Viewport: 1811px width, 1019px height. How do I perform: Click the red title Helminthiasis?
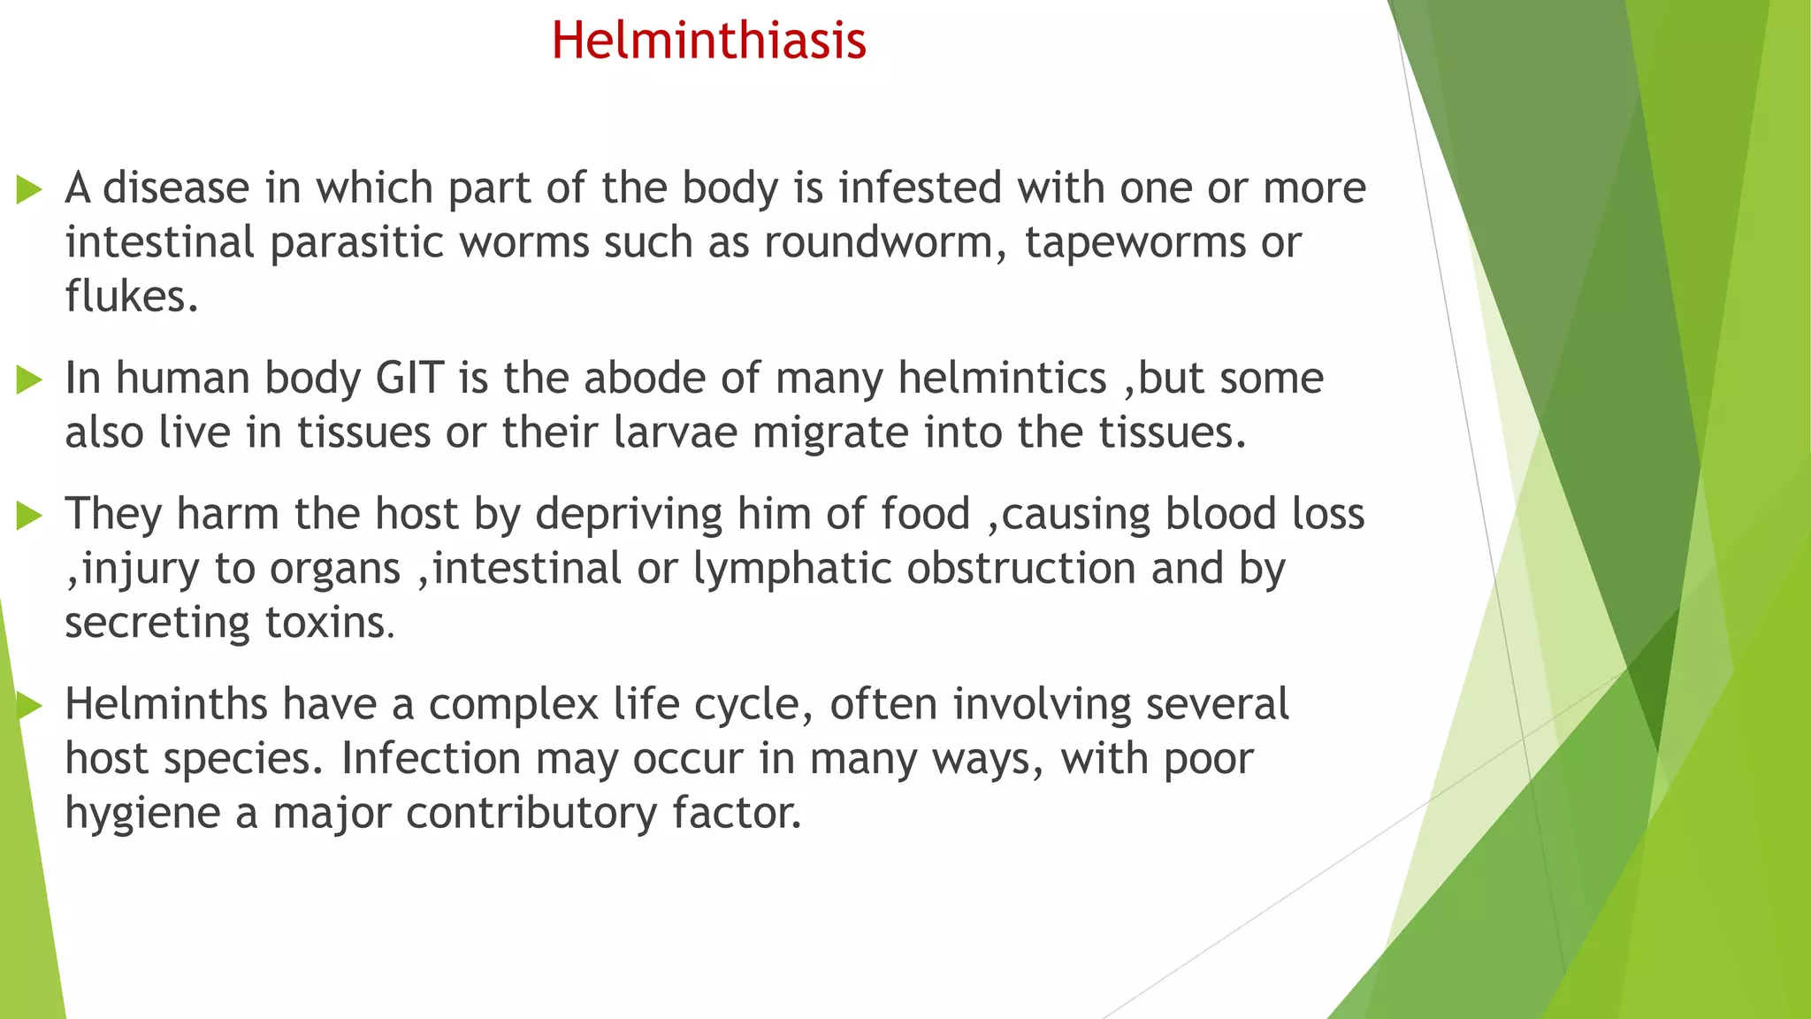click(708, 41)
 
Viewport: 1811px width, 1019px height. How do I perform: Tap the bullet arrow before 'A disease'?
click(29, 189)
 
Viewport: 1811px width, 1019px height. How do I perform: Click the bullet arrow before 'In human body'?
click(29, 380)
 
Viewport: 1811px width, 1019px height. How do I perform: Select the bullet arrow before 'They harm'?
click(29, 516)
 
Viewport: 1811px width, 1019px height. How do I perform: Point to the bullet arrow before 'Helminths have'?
click(29, 706)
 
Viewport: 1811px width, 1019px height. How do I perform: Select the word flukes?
click(130, 297)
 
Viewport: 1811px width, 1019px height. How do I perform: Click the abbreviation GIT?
click(409, 379)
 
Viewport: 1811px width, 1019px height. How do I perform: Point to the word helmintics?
click(1002, 379)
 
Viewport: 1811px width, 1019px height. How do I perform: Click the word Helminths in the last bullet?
click(165, 706)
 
